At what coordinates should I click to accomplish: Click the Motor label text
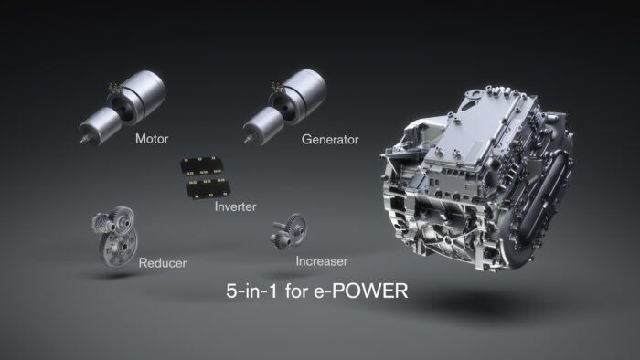[153, 140]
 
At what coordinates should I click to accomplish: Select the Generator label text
[330, 140]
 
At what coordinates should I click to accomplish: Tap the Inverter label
[235, 206]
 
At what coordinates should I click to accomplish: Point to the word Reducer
[163, 264]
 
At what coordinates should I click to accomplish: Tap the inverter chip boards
[204, 176]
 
